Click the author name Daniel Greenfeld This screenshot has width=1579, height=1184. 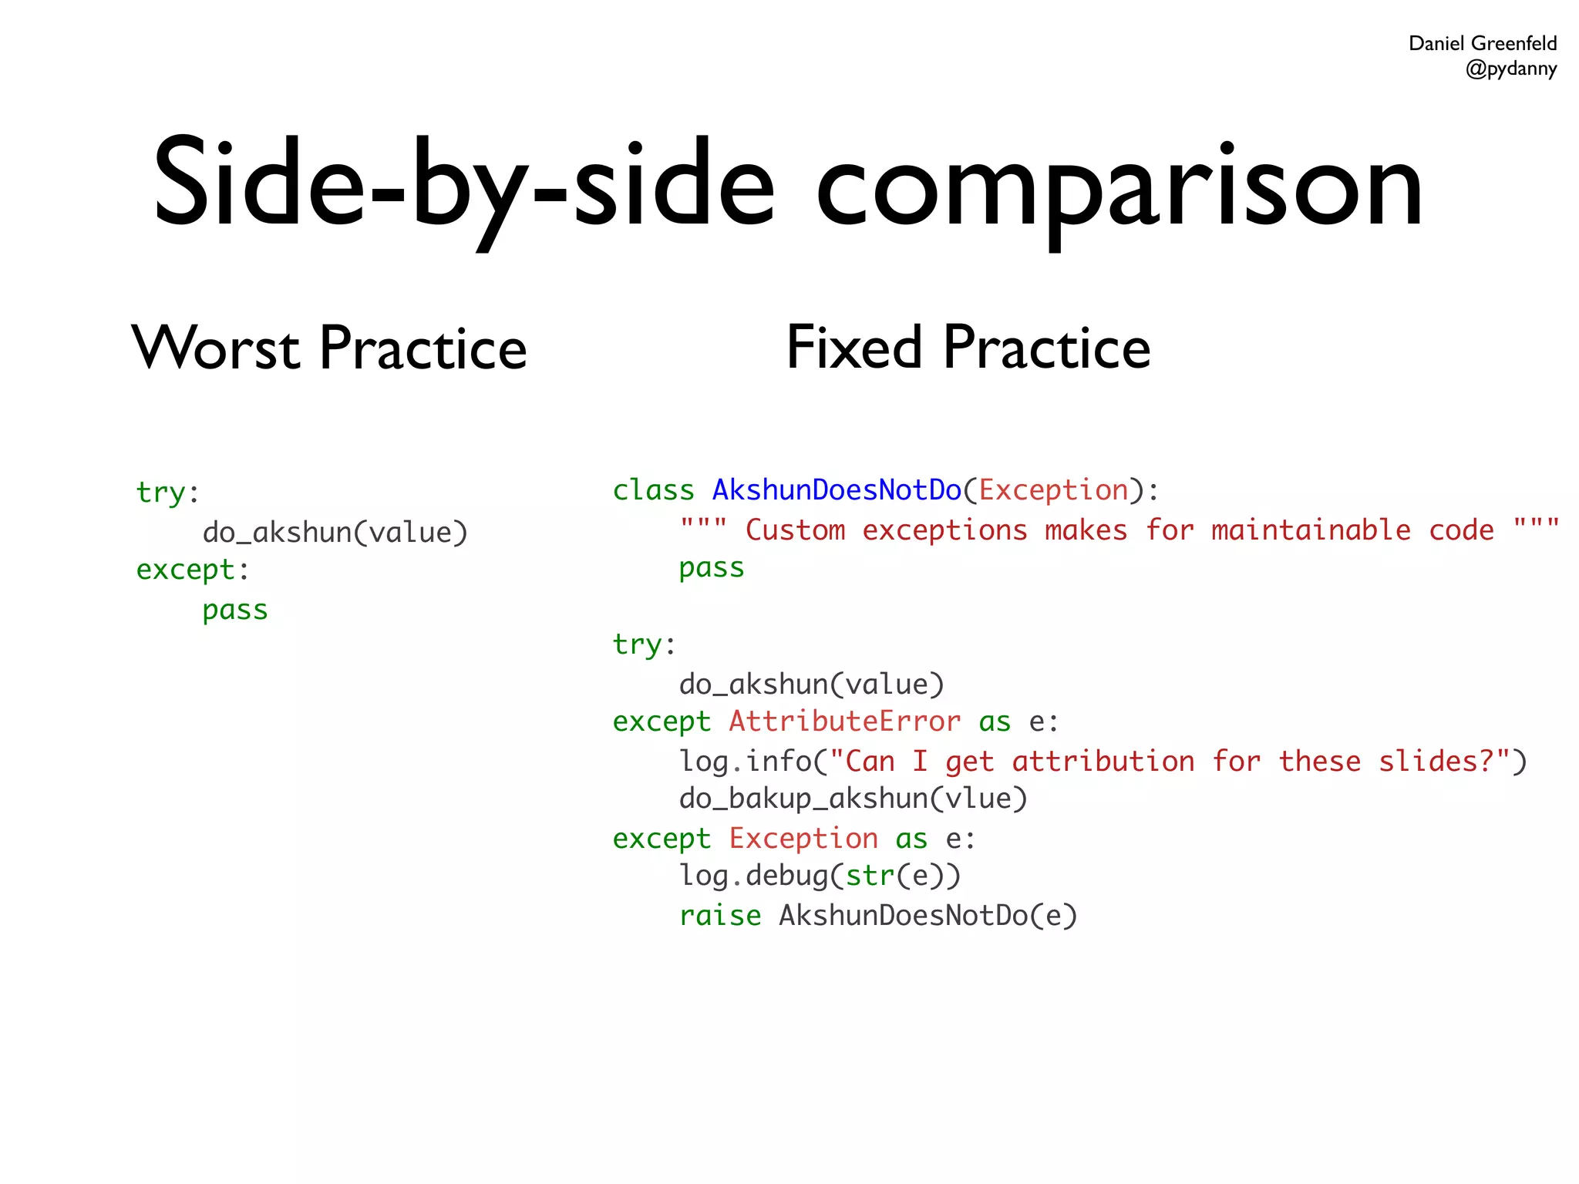(1482, 43)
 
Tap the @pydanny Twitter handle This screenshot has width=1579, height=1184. (1510, 69)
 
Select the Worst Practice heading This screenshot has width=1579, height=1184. (329, 348)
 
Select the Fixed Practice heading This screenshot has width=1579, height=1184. (968, 348)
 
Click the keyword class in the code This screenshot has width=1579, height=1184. (653, 490)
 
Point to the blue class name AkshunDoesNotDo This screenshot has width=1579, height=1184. (837, 490)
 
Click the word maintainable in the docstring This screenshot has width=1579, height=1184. (1311, 530)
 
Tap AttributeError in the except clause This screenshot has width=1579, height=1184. (845, 721)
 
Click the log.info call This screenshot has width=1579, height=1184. (745, 762)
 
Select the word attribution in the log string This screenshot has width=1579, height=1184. (1103, 762)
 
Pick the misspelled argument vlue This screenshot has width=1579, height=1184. (978, 799)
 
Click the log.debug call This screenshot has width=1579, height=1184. (752, 876)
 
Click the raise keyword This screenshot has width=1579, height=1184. (719, 916)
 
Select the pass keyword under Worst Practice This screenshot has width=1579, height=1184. (235, 610)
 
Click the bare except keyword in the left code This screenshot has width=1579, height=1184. (185, 570)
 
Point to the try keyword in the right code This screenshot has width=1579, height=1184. (637, 644)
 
